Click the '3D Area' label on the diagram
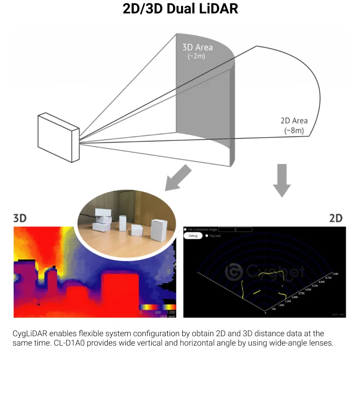click(x=197, y=47)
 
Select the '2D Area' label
click(x=294, y=121)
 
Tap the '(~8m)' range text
click(x=294, y=131)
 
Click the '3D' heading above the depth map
click(x=20, y=218)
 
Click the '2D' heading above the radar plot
click(x=335, y=218)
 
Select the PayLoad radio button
click(x=207, y=236)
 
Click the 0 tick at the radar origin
click(x=266, y=313)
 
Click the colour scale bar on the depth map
click(x=157, y=308)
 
